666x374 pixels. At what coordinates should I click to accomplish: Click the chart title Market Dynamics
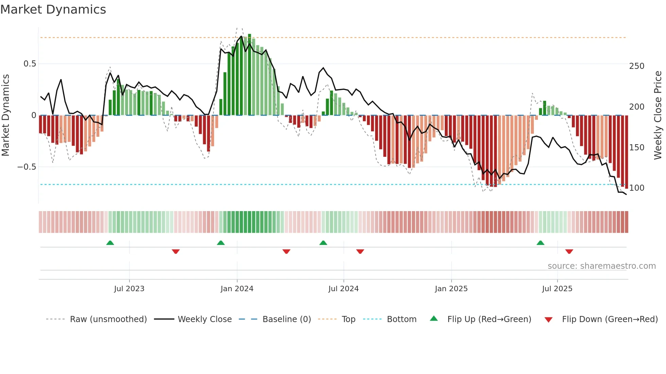53,10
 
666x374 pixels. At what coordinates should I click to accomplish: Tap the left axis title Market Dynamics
5,115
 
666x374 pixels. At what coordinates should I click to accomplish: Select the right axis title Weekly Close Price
658,115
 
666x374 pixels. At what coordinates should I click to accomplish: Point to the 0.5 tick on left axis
30,64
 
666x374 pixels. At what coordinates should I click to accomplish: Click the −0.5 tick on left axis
27,167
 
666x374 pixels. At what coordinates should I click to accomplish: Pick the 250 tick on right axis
636,66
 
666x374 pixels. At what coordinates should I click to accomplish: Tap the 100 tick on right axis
636,188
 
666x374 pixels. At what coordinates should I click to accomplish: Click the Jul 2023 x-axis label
129,289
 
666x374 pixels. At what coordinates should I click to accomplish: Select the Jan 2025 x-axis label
451,289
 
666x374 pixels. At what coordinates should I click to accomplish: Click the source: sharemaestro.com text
601,266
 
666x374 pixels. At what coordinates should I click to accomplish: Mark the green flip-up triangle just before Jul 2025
540,243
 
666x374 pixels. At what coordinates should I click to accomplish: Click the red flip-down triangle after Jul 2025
569,251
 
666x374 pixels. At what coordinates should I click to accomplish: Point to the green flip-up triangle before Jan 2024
221,243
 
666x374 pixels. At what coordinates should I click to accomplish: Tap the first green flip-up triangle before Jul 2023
110,243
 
